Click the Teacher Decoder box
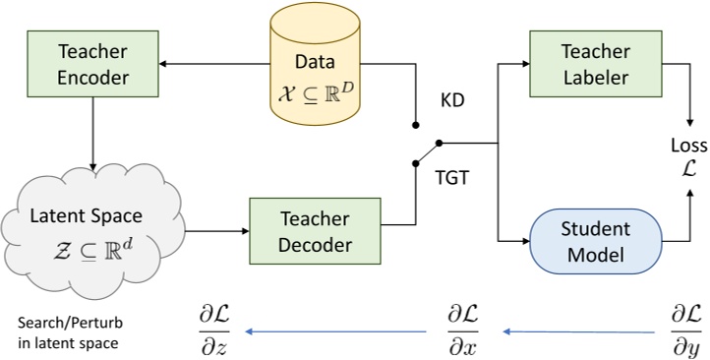pyautogui.click(x=315, y=232)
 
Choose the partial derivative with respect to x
pyautogui.click(x=464, y=330)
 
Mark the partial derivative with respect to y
pyautogui.click(x=685, y=330)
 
